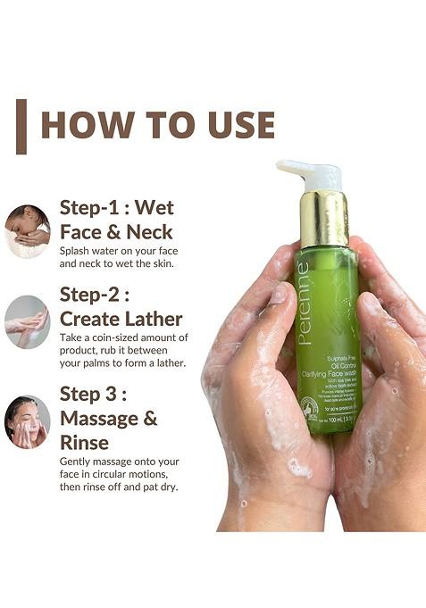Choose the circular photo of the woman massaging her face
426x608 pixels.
pos(27,421)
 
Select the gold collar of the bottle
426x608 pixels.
pos(323,218)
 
